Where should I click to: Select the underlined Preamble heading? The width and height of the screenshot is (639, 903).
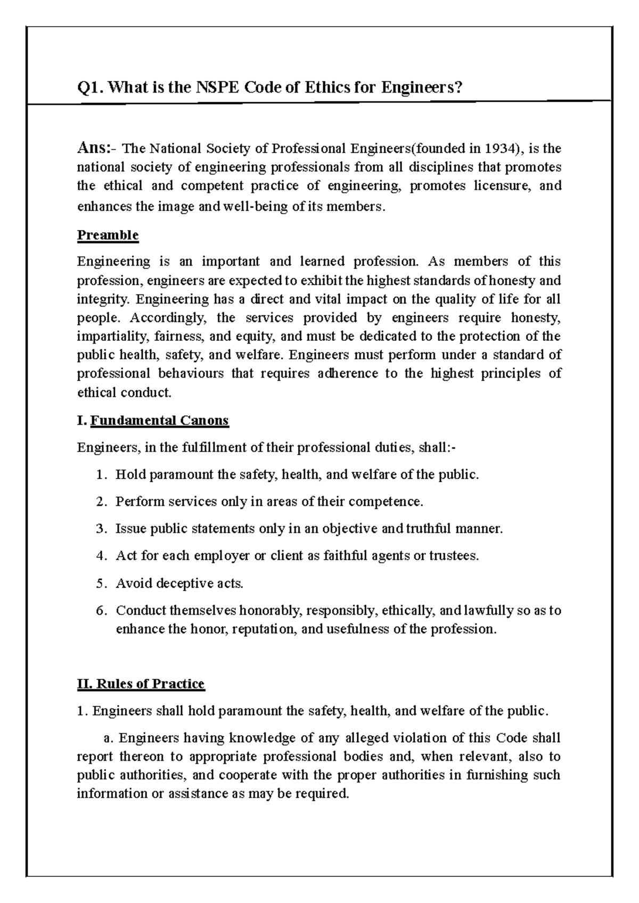click(108, 235)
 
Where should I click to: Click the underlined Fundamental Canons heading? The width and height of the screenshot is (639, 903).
click(159, 421)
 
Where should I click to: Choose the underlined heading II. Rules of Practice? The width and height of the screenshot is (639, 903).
click(141, 684)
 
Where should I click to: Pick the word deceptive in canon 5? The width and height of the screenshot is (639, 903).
click(187, 584)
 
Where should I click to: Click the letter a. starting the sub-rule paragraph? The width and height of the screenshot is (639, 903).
click(110, 738)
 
